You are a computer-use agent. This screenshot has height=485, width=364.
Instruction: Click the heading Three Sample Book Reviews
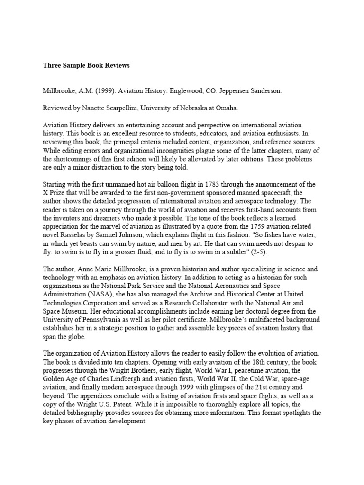coord(86,65)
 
